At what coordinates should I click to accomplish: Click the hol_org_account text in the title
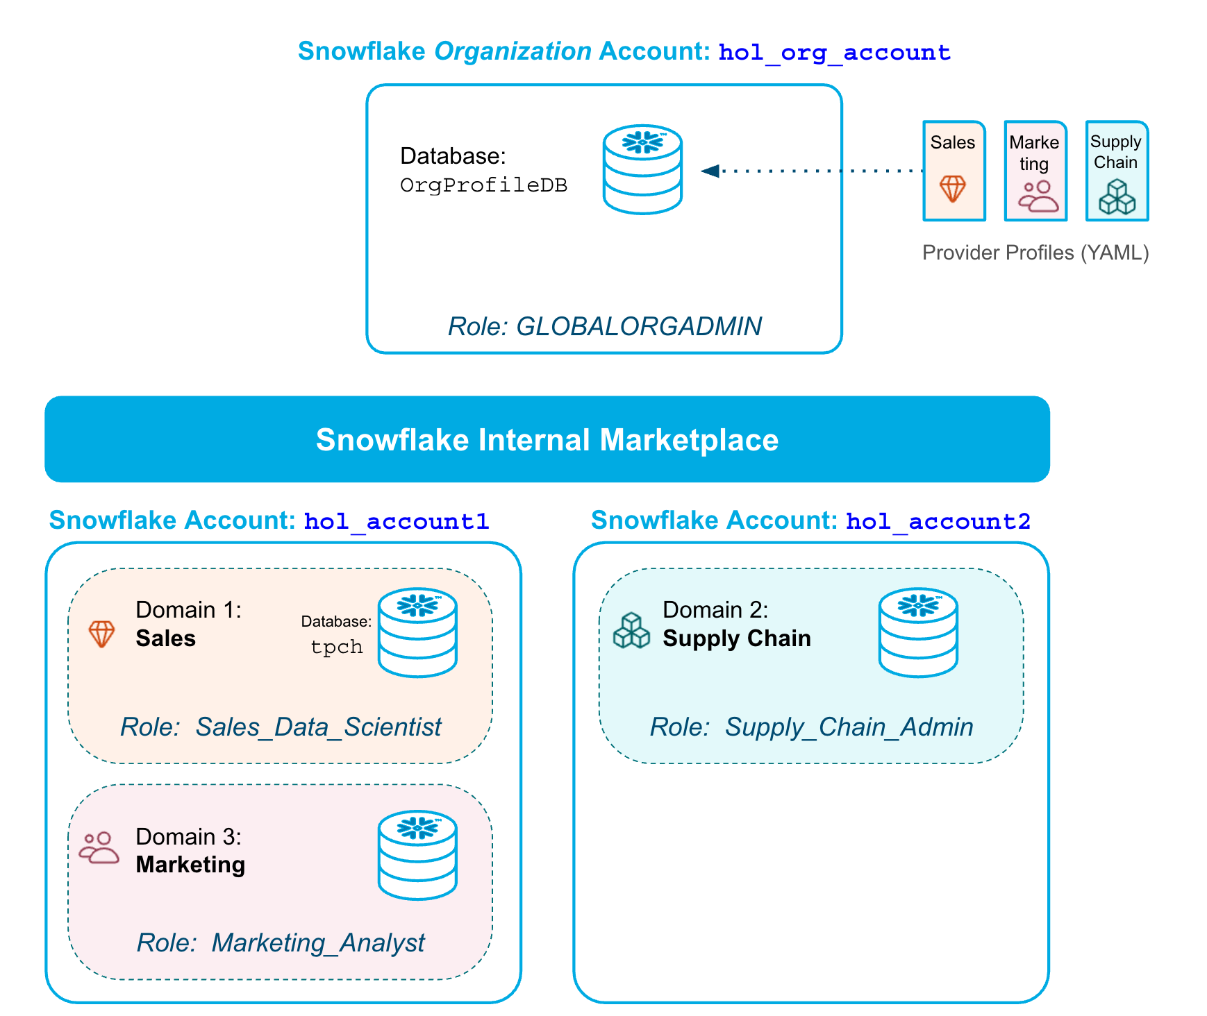(x=834, y=53)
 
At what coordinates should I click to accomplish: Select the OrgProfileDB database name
(x=483, y=185)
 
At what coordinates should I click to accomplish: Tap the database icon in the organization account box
(x=642, y=170)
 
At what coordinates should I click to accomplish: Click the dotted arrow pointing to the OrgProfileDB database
(x=813, y=170)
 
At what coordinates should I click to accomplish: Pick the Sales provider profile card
(x=954, y=171)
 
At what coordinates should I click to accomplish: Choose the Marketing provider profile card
(x=1035, y=171)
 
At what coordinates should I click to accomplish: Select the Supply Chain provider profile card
(x=1117, y=171)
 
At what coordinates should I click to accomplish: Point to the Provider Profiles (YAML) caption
(x=1035, y=253)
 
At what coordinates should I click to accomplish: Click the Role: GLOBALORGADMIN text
(x=604, y=326)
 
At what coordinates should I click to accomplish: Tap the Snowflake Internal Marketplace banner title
(x=547, y=440)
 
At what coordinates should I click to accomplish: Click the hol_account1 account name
(x=397, y=521)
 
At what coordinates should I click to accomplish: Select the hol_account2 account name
(x=938, y=521)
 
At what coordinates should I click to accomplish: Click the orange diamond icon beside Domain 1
(x=101, y=634)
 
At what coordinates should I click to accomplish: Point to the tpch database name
(x=336, y=647)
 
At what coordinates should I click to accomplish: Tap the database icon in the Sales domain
(x=417, y=632)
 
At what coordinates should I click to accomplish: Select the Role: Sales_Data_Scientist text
(x=281, y=727)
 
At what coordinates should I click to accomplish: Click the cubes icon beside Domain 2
(x=631, y=630)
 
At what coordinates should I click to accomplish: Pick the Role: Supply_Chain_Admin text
(x=811, y=727)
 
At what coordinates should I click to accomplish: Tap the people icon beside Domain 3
(x=99, y=847)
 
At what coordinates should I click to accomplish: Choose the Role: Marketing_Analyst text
(x=281, y=942)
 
